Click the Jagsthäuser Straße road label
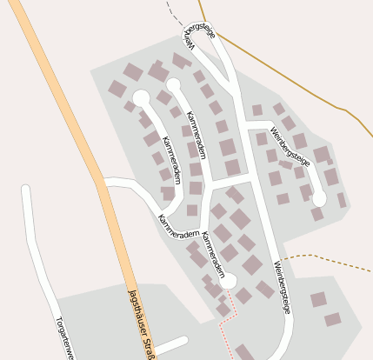coord(141,322)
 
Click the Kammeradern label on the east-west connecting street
coord(179,230)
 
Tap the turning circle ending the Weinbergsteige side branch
coord(319,198)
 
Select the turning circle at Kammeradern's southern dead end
coord(228,280)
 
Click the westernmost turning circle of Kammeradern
coord(140,97)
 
